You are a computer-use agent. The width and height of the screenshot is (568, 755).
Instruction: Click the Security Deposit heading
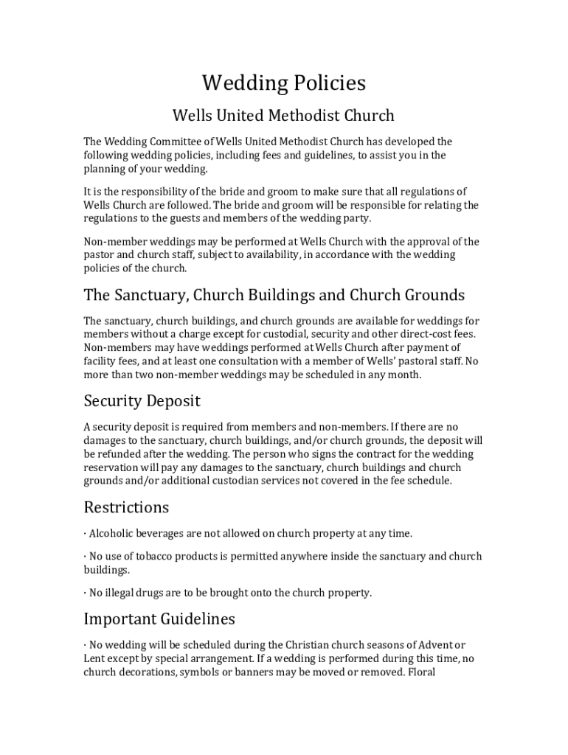[142, 402]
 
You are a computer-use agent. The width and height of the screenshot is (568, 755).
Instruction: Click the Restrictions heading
[126, 508]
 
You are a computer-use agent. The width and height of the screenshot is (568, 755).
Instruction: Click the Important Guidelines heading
[159, 619]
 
